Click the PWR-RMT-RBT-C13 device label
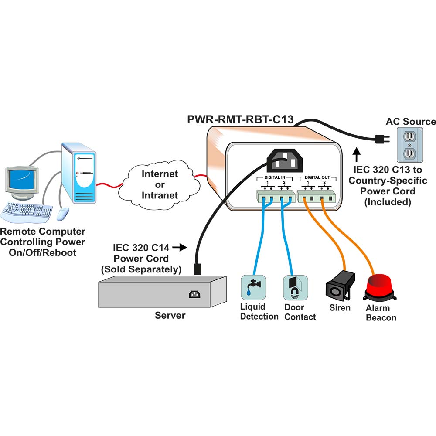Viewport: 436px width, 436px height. [240, 119]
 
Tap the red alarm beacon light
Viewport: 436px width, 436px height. [380, 287]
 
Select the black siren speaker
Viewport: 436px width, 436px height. [340, 286]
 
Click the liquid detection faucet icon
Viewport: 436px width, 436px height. [253, 287]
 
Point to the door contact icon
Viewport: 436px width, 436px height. [295, 288]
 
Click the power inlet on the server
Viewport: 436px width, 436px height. [194, 294]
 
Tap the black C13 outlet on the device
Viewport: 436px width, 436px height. [285, 160]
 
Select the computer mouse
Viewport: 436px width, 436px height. [63, 214]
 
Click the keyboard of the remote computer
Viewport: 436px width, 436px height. [27, 211]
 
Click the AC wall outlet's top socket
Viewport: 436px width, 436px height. [409, 136]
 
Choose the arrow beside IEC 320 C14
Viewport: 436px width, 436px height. [180, 247]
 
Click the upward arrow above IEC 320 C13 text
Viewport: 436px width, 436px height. [357, 155]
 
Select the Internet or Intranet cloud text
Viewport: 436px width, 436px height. [160, 184]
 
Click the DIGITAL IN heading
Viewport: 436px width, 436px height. [274, 177]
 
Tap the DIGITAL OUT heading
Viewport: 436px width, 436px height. [317, 177]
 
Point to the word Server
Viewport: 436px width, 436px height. [170, 315]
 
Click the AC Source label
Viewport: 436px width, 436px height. [411, 122]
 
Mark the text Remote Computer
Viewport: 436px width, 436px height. [43, 232]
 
